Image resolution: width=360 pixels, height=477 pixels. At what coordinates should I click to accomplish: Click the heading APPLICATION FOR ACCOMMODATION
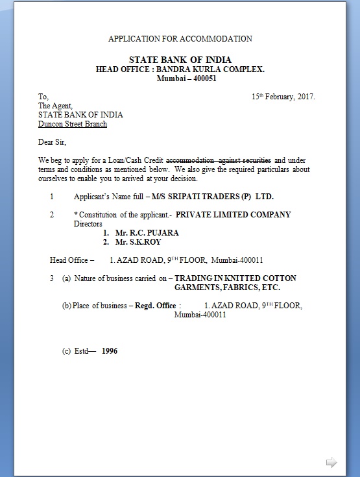coord(180,39)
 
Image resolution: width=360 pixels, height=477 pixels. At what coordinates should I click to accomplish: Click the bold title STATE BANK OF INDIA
coord(180,60)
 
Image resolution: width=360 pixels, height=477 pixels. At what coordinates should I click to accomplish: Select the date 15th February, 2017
coord(283,97)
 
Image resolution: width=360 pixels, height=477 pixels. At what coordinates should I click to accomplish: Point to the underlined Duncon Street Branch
coord(73,124)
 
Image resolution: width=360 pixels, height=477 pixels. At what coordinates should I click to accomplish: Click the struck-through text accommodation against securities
coord(219,160)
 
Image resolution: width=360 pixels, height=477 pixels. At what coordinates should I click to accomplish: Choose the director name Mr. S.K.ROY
coord(132,241)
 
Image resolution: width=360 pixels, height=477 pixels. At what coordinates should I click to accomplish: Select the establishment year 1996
coord(110,351)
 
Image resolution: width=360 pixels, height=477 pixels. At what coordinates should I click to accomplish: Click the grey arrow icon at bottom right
coord(331,462)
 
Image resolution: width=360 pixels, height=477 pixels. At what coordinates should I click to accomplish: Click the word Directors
coord(88,223)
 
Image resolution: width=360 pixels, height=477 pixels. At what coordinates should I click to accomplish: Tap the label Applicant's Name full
coord(104,195)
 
